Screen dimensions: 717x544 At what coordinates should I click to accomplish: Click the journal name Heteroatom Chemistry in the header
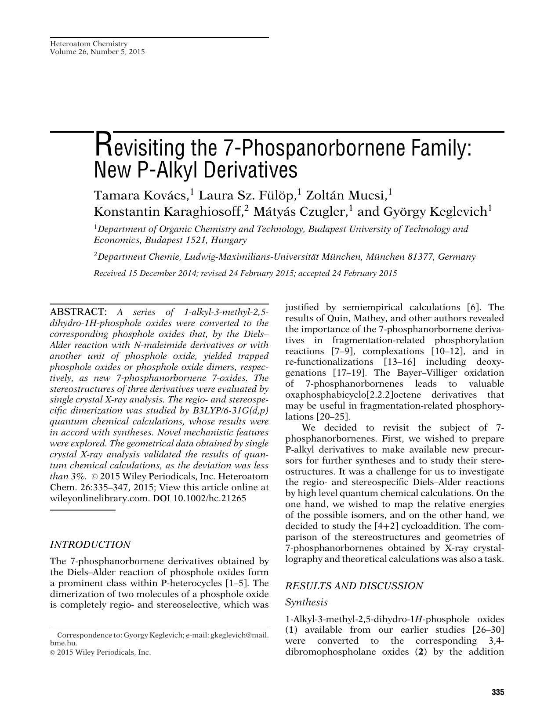tap(89, 44)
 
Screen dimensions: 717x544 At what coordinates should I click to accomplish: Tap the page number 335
tap(497, 692)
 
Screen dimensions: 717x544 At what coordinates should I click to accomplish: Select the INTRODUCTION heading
tap(90, 545)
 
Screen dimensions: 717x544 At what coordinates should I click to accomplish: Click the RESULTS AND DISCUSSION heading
tap(354, 586)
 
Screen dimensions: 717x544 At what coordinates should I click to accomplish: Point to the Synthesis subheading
tap(306, 602)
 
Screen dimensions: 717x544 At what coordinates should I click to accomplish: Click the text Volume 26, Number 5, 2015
tap(97, 52)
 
